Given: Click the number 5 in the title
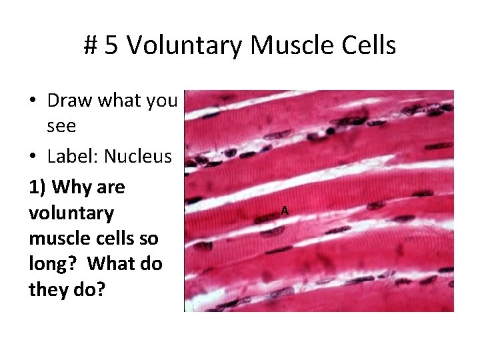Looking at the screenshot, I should (x=111, y=46).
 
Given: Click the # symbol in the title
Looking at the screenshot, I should (x=91, y=46).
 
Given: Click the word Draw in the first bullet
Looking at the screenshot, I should (x=70, y=101).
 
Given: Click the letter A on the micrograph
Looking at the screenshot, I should (x=284, y=211).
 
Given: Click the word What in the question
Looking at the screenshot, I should (x=116, y=264).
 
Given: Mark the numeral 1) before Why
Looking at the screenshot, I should (x=37, y=187).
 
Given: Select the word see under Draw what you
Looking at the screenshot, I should (x=61, y=127).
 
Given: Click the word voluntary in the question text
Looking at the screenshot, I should (x=71, y=213).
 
